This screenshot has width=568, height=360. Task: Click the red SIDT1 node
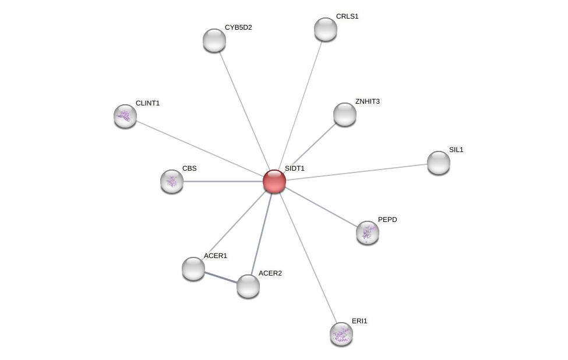(274, 181)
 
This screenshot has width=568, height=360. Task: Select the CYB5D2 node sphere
(214, 40)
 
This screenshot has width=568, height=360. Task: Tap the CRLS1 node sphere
(326, 29)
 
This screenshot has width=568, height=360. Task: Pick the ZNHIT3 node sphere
(345, 114)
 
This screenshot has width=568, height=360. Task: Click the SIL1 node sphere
(439, 163)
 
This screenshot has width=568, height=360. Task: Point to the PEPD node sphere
(368, 232)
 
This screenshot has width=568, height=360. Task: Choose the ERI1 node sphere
(341, 334)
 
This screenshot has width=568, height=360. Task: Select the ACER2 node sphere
(248, 286)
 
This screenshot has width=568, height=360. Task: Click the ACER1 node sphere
(193, 269)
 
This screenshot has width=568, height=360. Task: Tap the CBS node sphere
(172, 181)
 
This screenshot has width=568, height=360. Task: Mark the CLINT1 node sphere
(125, 116)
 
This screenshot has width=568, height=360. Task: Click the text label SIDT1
(294, 168)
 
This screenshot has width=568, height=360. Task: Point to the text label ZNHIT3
(367, 101)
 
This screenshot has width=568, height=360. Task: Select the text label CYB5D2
(238, 27)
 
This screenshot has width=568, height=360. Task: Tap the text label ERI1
(359, 321)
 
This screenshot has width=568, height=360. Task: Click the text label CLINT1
(147, 103)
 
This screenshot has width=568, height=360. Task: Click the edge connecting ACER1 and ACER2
(221, 277)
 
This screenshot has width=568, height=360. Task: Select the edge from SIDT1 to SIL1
(357, 172)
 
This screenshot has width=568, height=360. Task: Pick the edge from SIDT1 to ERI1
(308, 257)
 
